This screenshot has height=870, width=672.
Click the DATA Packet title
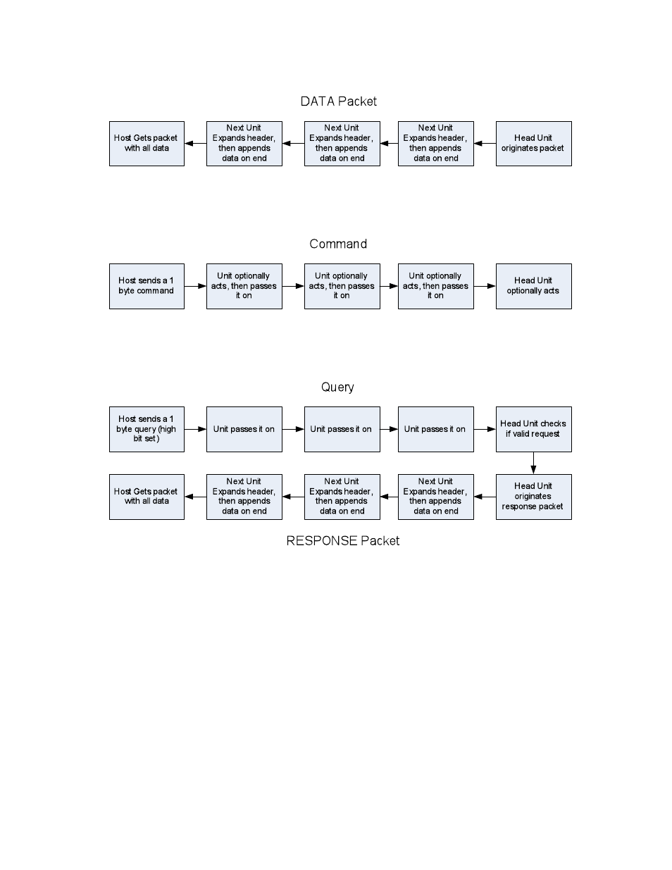(338, 101)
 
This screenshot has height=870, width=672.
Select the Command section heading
(338, 244)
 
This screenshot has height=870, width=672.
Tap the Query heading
(337, 387)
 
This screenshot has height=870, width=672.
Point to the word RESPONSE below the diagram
(321, 541)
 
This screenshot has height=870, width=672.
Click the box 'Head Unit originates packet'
(533, 144)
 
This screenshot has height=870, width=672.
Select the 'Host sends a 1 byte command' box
(147, 286)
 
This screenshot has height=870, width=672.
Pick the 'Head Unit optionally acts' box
(533, 286)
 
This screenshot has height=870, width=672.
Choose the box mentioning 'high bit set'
(147, 429)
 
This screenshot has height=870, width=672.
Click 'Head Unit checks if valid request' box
(533, 429)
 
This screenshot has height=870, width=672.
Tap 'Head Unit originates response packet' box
(533, 497)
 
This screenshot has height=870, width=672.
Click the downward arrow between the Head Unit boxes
(533, 464)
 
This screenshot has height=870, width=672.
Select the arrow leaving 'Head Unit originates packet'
(485, 144)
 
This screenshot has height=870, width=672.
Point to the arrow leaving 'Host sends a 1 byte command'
(195, 286)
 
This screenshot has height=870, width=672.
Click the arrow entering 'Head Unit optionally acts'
(485, 286)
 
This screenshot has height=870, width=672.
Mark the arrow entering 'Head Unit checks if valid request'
(485, 429)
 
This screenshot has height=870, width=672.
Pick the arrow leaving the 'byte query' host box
(195, 429)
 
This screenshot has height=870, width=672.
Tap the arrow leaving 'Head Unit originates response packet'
(485, 497)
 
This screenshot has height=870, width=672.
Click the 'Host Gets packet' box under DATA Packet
(147, 144)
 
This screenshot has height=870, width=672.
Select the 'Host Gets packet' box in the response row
(147, 497)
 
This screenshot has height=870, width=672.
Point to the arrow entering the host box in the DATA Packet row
(195, 144)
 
